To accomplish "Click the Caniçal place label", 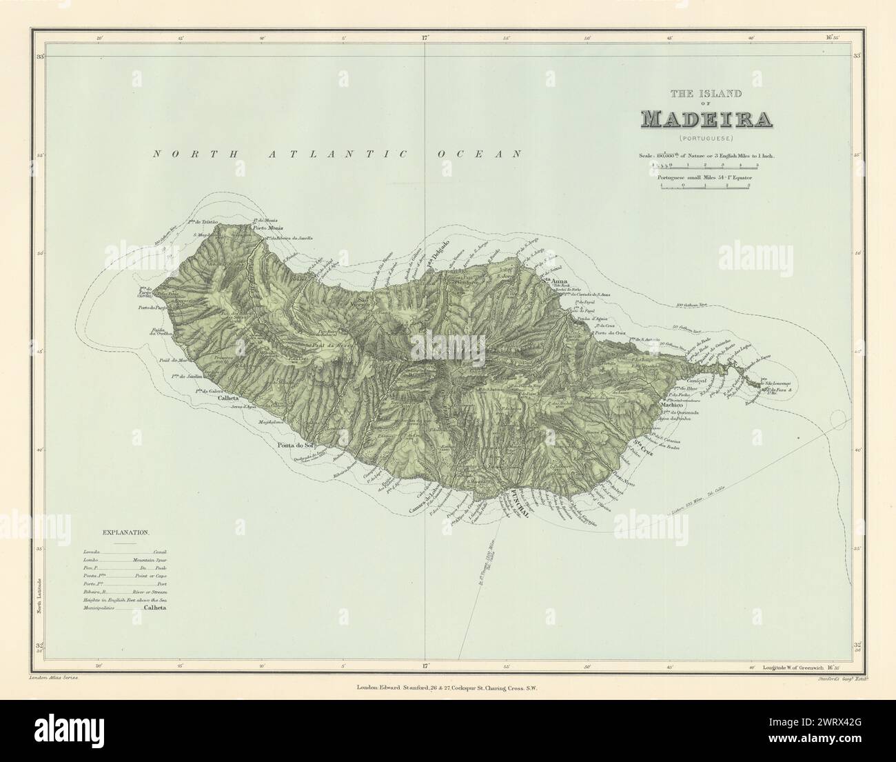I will click(701, 381).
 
